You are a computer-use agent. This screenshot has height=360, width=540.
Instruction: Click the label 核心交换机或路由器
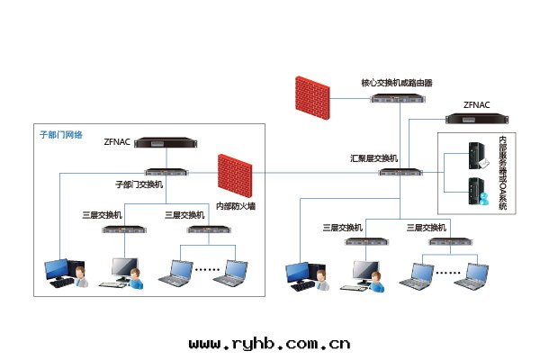pos(397,82)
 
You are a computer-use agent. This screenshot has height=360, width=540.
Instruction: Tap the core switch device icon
pos(397,97)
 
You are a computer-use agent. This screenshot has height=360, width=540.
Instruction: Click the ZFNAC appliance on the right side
pos(477,118)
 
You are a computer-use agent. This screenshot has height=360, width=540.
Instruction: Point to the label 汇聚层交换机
pos(373,157)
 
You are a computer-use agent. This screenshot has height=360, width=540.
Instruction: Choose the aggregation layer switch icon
pos(400,171)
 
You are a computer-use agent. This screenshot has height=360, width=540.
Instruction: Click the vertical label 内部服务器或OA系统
pos(502,174)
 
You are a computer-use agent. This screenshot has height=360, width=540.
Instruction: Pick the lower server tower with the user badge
pos(475,192)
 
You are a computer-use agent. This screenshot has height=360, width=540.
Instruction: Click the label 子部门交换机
pos(139,184)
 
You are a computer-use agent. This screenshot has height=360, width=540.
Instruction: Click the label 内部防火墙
pos(235,206)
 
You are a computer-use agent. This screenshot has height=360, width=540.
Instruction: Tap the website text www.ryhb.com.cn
pos(269,343)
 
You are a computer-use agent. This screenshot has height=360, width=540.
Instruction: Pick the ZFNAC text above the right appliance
pos(477,104)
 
